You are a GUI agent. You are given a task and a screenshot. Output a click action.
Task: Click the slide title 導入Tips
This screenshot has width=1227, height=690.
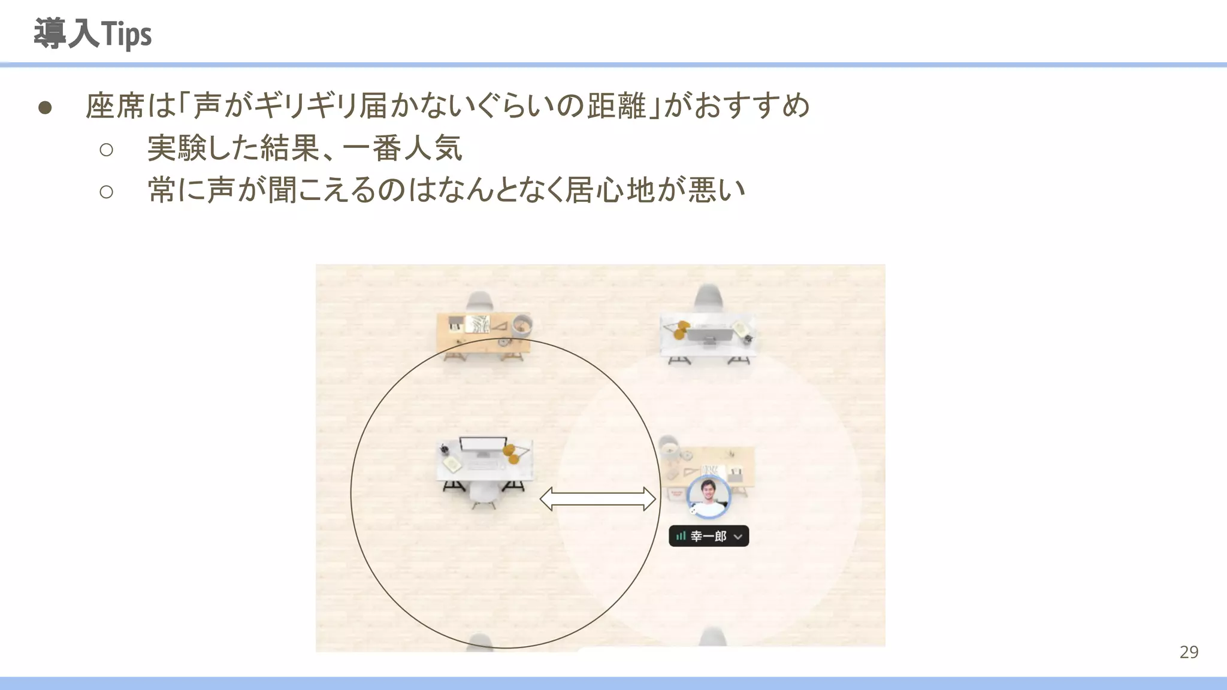(x=93, y=34)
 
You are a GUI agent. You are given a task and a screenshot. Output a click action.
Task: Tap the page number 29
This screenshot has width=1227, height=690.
(x=1189, y=652)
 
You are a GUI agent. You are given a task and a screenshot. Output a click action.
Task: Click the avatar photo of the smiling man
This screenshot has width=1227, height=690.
(x=709, y=497)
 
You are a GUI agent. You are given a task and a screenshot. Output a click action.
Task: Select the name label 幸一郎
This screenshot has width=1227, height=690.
(x=708, y=536)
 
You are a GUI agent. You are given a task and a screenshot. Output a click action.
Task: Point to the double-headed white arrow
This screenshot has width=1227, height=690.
(x=598, y=499)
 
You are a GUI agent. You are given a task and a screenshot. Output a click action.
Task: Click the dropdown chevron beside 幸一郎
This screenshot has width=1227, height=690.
(x=738, y=537)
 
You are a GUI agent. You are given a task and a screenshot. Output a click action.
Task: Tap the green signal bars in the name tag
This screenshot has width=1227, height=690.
(x=681, y=536)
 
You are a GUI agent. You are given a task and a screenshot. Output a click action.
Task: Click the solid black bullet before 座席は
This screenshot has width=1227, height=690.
(x=45, y=108)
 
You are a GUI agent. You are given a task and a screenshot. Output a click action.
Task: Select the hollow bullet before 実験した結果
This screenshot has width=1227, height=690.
(x=107, y=150)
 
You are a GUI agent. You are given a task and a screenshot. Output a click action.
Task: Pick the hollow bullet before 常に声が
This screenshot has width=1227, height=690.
(x=107, y=192)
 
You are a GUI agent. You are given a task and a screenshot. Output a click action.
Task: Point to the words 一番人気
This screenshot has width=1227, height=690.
(x=403, y=148)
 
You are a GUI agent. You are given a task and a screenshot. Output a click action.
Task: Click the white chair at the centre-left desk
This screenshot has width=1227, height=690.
(x=484, y=493)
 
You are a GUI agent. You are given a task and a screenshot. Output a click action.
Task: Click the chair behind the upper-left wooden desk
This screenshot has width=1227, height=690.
(x=479, y=301)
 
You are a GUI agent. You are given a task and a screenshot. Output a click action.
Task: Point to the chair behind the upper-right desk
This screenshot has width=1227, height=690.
(x=709, y=296)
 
